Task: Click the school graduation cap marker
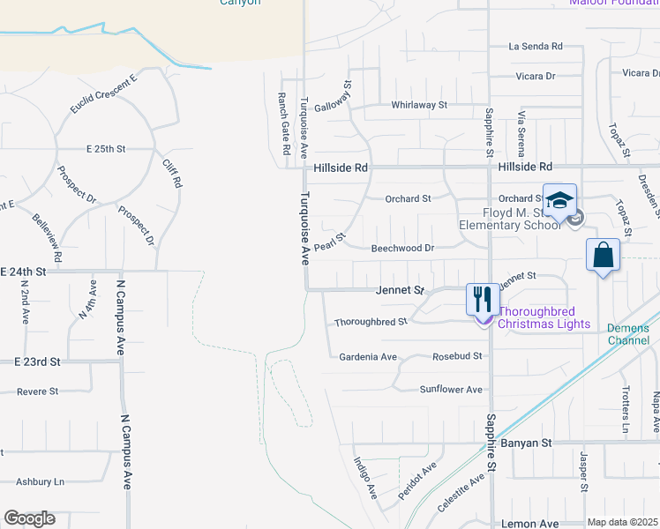559,200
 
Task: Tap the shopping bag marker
603,256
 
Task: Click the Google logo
29,518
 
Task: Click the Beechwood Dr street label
402,249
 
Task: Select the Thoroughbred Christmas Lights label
544,317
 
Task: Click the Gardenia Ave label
368,357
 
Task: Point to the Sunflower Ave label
451,389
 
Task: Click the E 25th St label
113,149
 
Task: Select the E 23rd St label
37,361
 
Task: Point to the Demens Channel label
628,334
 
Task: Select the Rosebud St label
458,357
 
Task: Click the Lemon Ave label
529,524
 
